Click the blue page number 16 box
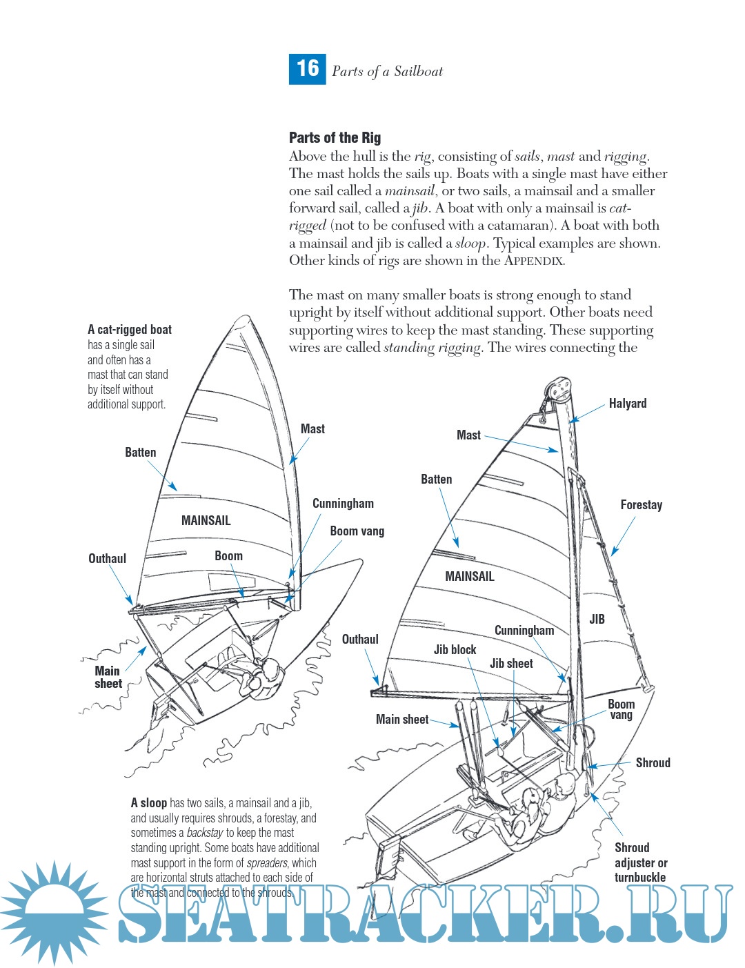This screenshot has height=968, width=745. click(x=307, y=68)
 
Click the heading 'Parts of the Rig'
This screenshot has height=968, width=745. click(x=335, y=137)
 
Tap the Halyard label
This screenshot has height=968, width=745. click(x=627, y=404)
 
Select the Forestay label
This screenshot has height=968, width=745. click(x=641, y=505)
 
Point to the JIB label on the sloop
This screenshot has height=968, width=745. click(x=597, y=619)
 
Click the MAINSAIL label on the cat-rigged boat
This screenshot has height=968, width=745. click(x=206, y=521)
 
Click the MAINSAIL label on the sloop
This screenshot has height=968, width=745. click(x=469, y=576)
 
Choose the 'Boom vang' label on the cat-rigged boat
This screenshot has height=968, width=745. click(x=357, y=531)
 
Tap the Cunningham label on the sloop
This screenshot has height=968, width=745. click(x=524, y=631)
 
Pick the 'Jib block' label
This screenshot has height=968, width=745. click(x=455, y=650)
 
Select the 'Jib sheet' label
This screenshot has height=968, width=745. click(x=511, y=664)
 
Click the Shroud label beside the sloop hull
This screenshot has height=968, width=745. click(x=653, y=762)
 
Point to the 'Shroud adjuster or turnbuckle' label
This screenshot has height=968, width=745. click(x=640, y=862)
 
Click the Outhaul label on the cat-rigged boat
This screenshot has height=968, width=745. click(x=107, y=559)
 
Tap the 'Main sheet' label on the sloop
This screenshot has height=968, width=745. click(x=401, y=720)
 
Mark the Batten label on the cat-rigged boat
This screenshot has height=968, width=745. click(x=140, y=453)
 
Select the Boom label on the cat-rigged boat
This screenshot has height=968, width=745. click(x=228, y=556)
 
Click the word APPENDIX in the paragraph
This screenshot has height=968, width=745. click(x=534, y=261)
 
